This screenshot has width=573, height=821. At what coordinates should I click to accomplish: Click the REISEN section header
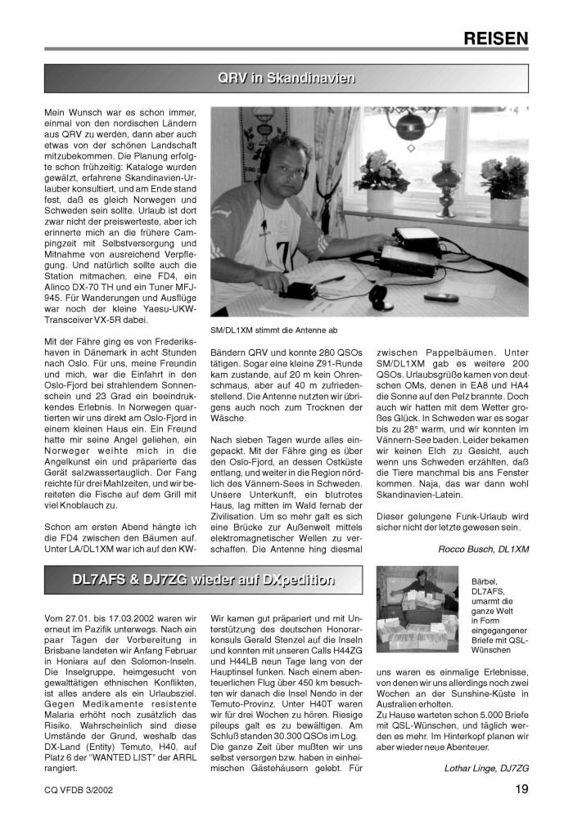point(495,38)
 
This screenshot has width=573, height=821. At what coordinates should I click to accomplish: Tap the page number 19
point(521,789)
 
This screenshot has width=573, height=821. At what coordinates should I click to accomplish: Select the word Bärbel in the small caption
point(485,581)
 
